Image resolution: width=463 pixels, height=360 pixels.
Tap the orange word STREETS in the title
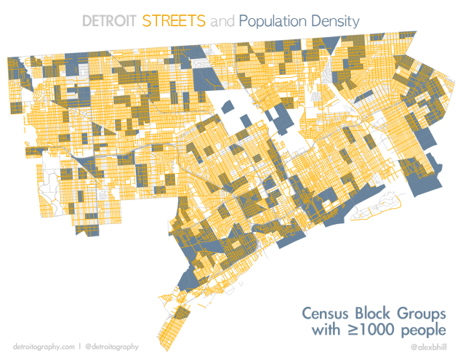click(x=174, y=21)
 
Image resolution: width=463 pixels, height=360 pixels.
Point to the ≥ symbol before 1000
click(x=352, y=332)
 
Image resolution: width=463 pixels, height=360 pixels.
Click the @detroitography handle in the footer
click(x=111, y=346)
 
